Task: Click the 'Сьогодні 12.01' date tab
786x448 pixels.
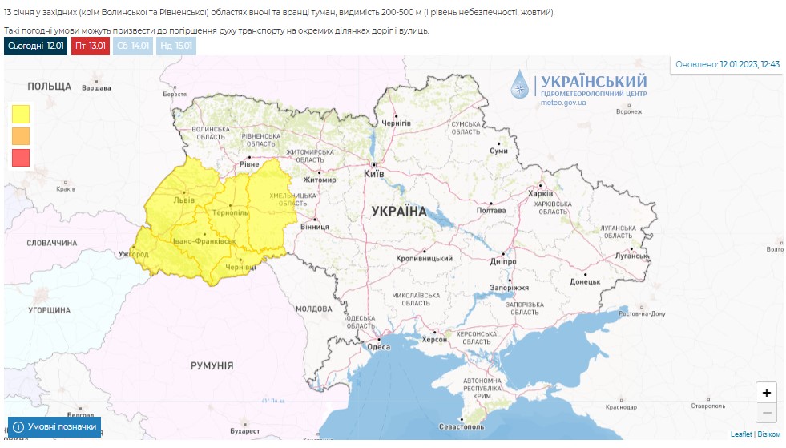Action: (x=35, y=46)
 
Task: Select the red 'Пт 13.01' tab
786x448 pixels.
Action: (x=91, y=46)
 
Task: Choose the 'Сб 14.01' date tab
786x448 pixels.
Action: (x=132, y=46)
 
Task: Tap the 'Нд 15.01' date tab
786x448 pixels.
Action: (x=175, y=46)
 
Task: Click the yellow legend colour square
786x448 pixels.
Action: (x=21, y=114)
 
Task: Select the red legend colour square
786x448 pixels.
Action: (x=21, y=158)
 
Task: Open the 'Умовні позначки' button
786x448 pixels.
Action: (x=54, y=427)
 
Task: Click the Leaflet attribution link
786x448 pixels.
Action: (x=741, y=434)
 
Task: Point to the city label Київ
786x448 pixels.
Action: (x=374, y=173)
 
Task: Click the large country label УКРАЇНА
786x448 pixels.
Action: (x=399, y=211)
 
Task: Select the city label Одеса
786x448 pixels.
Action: (x=378, y=346)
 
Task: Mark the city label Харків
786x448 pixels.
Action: (x=541, y=194)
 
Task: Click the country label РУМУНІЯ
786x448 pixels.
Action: (x=212, y=365)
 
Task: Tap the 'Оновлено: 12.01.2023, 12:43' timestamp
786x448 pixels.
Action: (x=727, y=64)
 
